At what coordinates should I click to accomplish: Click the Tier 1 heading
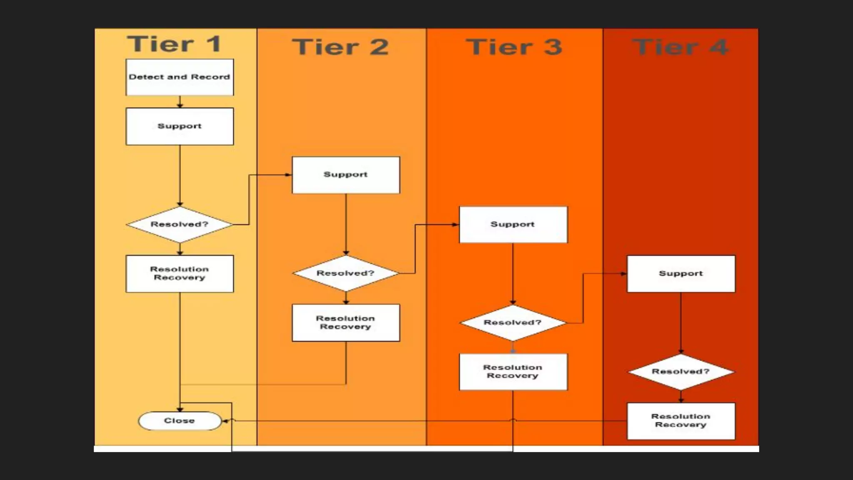click(174, 44)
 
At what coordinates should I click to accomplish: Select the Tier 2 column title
click(340, 47)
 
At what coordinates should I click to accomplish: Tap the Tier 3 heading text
click(514, 47)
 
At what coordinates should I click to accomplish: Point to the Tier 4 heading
click(680, 47)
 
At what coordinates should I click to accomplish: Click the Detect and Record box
click(180, 77)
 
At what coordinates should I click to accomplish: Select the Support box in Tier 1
click(180, 126)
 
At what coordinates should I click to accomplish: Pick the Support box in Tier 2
click(346, 175)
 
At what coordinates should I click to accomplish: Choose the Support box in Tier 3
click(513, 225)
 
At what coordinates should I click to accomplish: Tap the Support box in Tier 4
click(681, 274)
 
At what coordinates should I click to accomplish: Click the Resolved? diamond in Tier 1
click(180, 225)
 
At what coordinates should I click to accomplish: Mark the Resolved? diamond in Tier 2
click(346, 273)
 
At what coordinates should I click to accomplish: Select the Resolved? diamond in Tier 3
click(513, 322)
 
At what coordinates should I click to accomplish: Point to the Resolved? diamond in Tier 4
click(681, 372)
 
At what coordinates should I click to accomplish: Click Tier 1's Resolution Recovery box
click(180, 274)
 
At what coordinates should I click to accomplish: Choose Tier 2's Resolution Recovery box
click(346, 323)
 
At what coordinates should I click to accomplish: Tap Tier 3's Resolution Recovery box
click(513, 372)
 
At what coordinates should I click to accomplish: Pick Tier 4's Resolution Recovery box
click(681, 421)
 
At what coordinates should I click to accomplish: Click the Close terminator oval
click(180, 421)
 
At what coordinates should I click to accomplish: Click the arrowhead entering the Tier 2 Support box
click(288, 175)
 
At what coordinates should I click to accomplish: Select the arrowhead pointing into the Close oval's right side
click(225, 421)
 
